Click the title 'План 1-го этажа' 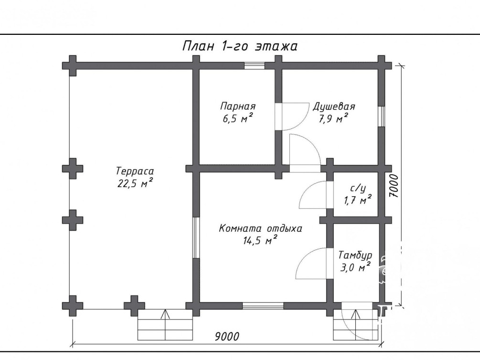240,46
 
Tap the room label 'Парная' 238,106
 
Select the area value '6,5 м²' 238,118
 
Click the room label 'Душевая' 334,106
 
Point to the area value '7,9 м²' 334,118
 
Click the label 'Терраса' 135,171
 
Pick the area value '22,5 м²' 135,183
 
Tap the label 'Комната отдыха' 260,229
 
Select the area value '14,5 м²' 260,240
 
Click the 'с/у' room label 357,189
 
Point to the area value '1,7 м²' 357,200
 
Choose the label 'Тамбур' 355,255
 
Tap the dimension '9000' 227,337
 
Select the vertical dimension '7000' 395,186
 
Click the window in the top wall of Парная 255,66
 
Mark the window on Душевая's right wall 381,116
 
